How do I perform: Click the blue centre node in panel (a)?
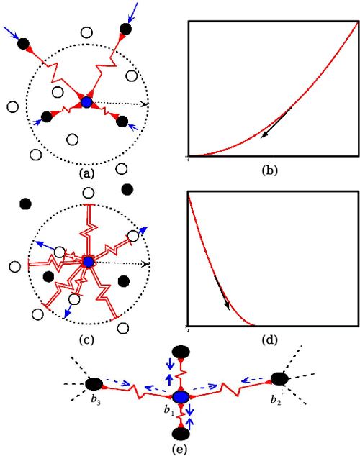point(86,102)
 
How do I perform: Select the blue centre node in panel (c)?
point(88,262)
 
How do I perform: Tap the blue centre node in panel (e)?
point(181,397)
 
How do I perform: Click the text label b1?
point(168,411)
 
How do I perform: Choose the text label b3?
point(95,401)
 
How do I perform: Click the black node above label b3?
point(94,383)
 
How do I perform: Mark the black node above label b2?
point(280,378)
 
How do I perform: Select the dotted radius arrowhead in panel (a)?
point(146,104)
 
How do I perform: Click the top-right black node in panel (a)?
point(126,29)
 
